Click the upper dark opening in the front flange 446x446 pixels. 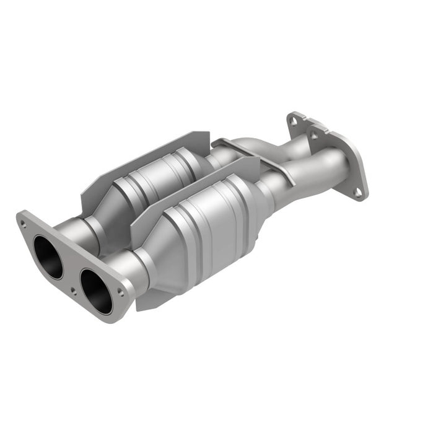coord(48,256)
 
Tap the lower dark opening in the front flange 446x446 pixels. coord(96,291)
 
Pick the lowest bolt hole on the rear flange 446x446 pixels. coord(358,192)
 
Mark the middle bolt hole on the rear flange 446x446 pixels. coord(315,134)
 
